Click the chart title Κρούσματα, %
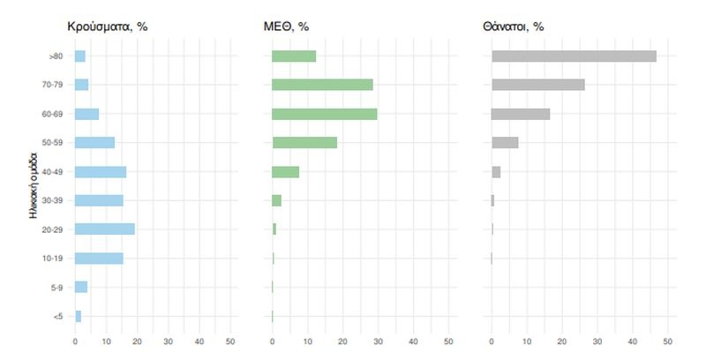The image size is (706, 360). [x=107, y=26]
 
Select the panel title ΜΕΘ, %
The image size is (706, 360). [x=290, y=26]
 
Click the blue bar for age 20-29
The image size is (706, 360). [x=105, y=229]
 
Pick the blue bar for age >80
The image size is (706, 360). [x=80, y=56]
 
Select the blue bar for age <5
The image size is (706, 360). [x=79, y=316]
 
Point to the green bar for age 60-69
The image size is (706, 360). [x=325, y=114]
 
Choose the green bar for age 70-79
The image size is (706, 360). [x=322, y=85]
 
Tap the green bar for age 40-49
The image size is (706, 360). [x=286, y=171]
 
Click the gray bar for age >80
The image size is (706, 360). [x=574, y=56]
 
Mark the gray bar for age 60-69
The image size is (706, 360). [x=521, y=114]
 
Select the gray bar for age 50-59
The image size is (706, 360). [x=505, y=143]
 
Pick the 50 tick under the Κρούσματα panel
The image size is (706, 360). [x=229, y=342]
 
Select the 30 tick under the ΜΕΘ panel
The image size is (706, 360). [x=378, y=342]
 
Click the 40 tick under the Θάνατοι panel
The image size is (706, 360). [x=633, y=342]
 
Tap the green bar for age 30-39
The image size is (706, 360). [x=277, y=200]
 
